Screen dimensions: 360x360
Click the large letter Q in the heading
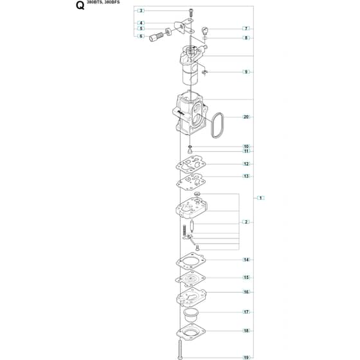[80, 6]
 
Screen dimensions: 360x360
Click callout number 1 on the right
[260, 198]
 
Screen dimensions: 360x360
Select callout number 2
[246, 222]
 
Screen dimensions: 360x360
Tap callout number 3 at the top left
[141, 10]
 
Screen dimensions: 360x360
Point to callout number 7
[246, 28]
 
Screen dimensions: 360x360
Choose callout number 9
[246, 72]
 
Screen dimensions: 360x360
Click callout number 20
[246, 117]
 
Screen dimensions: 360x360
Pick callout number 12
[246, 164]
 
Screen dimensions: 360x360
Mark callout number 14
[246, 260]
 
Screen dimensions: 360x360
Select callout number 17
[246, 312]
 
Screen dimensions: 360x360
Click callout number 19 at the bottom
[246, 357]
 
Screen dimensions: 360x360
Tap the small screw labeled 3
[191, 12]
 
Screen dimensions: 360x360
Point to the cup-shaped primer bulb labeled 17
[192, 316]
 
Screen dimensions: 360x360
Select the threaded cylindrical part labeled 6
[156, 37]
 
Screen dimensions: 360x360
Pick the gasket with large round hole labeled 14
[191, 260]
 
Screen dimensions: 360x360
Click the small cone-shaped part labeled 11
[190, 151]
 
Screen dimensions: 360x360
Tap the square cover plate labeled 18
[191, 331]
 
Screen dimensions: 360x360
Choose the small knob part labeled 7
[205, 30]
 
